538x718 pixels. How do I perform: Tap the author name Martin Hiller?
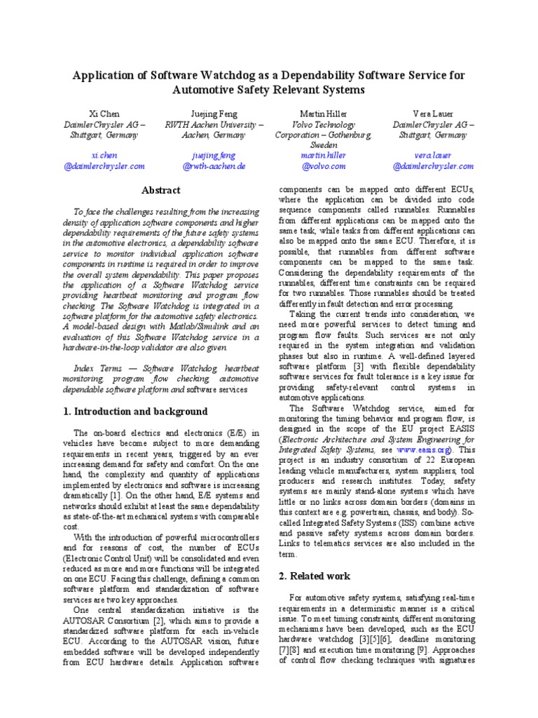(324, 112)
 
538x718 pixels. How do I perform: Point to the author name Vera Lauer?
(433, 112)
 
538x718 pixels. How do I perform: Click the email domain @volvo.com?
(324, 166)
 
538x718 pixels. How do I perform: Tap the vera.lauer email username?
(433, 154)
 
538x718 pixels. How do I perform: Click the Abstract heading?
(161, 190)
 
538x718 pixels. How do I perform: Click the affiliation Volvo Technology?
(324, 124)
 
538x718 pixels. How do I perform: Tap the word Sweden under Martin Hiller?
(324, 144)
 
